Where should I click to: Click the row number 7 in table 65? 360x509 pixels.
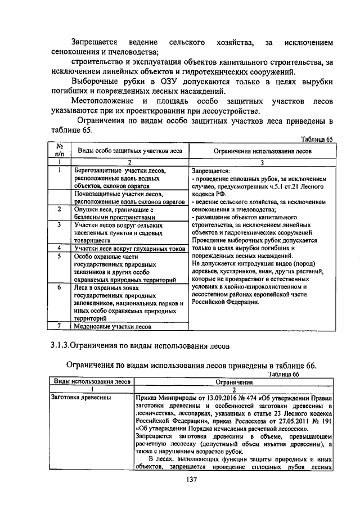point(59,326)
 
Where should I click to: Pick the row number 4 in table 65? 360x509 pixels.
point(59,248)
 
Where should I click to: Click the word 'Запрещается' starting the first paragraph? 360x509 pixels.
point(93,43)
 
